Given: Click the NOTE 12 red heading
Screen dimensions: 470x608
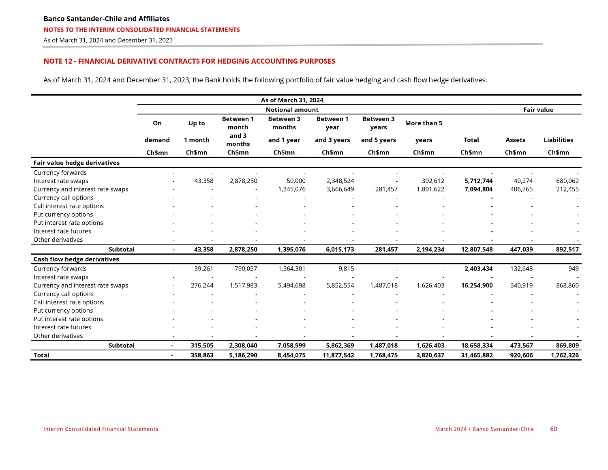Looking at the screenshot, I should pyautogui.click(x=189, y=61).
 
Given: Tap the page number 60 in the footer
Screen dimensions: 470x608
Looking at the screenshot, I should pyautogui.click(x=553, y=429).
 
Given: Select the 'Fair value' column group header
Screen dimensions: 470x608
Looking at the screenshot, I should pyautogui.click(x=538, y=109).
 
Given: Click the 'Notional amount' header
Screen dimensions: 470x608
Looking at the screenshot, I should pyautogui.click(x=292, y=109).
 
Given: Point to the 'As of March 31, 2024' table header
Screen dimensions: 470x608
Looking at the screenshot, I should pyautogui.click(x=292, y=100).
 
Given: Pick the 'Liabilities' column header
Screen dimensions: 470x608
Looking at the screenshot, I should pyautogui.click(x=558, y=140).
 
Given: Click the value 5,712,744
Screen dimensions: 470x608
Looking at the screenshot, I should pyautogui.click(x=478, y=181).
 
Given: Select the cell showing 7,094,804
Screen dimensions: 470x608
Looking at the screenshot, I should pyautogui.click(x=478, y=189).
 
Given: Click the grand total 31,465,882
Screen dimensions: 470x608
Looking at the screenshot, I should pyautogui.click(x=477, y=355).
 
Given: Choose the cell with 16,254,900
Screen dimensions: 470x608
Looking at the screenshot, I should pyautogui.click(x=477, y=285).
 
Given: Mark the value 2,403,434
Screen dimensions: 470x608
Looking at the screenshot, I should pyautogui.click(x=478, y=268).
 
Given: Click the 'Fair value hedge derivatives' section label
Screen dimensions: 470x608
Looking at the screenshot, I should pyautogui.click(x=76, y=163).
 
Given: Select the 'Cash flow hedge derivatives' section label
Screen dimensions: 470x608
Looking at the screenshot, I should pyautogui.click(x=76, y=259).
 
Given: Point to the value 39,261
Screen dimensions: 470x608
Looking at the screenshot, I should pyautogui.click(x=204, y=268).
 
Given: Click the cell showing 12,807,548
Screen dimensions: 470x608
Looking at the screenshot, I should pyautogui.click(x=477, y=249).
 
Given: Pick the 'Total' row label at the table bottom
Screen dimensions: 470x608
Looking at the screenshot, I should pyautogui.click(x=41, y=355).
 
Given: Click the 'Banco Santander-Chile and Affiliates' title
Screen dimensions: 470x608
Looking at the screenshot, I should pyautogui.click(x=106, y=19).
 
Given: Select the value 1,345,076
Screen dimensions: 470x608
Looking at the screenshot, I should pyautogui.click(x=291, y=189).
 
